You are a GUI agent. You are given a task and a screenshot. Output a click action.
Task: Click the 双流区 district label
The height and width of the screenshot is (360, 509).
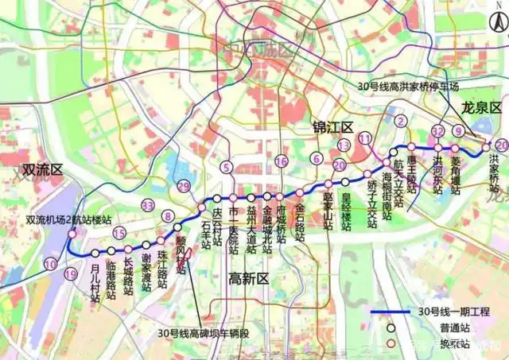coord(41,169)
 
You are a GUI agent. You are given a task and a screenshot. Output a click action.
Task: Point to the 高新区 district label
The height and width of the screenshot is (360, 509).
coord(249,277)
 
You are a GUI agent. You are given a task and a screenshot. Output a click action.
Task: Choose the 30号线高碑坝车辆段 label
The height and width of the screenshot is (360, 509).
coord(204,333)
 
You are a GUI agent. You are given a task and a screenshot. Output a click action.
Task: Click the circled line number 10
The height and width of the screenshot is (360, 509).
coord(51,263)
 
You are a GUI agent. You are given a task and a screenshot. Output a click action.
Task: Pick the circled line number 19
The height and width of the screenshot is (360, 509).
coord(70,275)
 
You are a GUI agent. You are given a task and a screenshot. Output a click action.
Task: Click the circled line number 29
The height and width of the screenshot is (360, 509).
coord(185,187)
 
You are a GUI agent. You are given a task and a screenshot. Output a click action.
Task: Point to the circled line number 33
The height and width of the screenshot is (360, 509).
coord(147,206)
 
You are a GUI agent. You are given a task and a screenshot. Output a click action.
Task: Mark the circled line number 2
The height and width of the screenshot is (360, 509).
coord(402,122)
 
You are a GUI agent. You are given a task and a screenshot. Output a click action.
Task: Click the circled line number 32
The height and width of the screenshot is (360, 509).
coord(437,131)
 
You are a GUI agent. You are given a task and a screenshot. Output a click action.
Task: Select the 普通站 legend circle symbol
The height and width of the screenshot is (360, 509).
coord(392,327)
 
